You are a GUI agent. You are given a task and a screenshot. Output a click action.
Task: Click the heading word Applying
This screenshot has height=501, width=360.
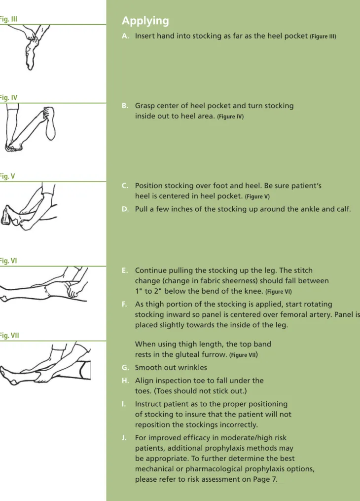pyautogui.click(x=145, y=21)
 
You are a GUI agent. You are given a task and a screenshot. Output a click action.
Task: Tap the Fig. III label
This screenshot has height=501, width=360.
pyautogui.click(x=8, y=19)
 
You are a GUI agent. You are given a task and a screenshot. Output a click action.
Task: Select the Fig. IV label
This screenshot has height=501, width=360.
pyautogui.click(x=8, y=97)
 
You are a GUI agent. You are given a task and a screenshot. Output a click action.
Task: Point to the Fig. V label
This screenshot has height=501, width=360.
pyautogui.click(x=7, y=176)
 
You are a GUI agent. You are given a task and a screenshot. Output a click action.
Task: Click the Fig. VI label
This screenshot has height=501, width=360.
pyautogui.click(x=8, y=261)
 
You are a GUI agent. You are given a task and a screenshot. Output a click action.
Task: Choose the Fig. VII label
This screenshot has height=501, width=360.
pyautogui.click(x=9, y=335)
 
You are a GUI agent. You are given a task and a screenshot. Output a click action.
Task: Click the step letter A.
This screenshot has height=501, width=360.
pyautogui.click(x=125, y=36)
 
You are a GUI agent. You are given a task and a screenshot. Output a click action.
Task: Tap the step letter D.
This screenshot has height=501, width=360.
pyautogui.click(x=125, y=209)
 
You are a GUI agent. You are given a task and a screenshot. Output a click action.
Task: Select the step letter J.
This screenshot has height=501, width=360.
pyautogui.click(x=124, y=438)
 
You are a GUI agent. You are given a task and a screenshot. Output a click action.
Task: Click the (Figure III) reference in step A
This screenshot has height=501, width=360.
pyautogui.click(x=323, y=37)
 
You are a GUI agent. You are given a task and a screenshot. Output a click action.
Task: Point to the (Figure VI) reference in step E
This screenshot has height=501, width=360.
pyautogui.click(x=279, y=291)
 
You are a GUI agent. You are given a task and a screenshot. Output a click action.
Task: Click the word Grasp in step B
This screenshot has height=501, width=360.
pyautogui.click(x=145, y=106)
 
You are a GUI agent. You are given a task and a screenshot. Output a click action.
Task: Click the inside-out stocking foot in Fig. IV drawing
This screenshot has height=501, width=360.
pyautogui.click(x=50, y=124)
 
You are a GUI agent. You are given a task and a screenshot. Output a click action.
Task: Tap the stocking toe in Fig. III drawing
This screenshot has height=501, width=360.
pyautogui.click(x=30, y=65)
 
